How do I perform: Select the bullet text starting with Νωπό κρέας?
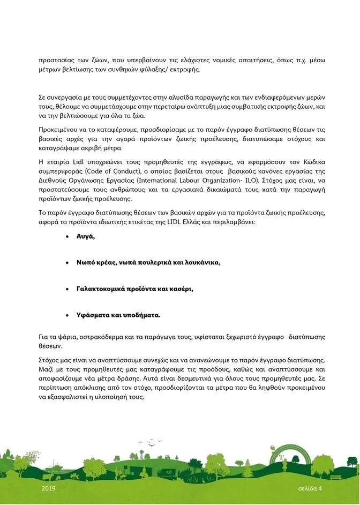(148, 263)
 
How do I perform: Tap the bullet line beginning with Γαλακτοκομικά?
(134, 289)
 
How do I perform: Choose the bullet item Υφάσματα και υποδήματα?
(119, 315)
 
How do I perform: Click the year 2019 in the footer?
(48, 488)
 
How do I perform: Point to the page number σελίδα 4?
(310, 488)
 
